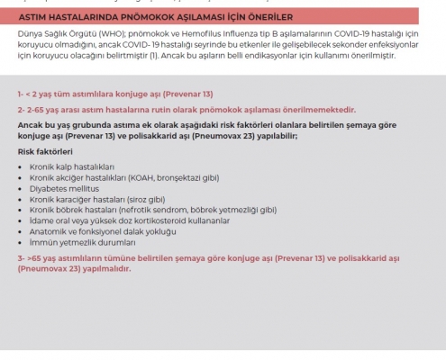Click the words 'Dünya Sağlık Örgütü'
tap(52, 34)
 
